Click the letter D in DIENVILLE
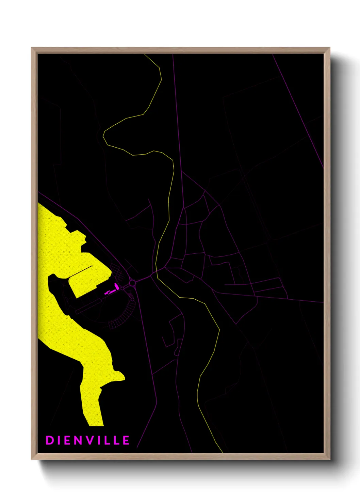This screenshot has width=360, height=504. click(49, 440)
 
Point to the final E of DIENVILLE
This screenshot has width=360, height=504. click(126, 440)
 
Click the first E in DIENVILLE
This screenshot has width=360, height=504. click(68, 440)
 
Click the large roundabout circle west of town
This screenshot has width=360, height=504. click(132, 283)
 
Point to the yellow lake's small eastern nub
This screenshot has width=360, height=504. click(121, 376)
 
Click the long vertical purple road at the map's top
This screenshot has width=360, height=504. click(177, 112)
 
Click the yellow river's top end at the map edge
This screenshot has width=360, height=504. click(146, 55)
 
